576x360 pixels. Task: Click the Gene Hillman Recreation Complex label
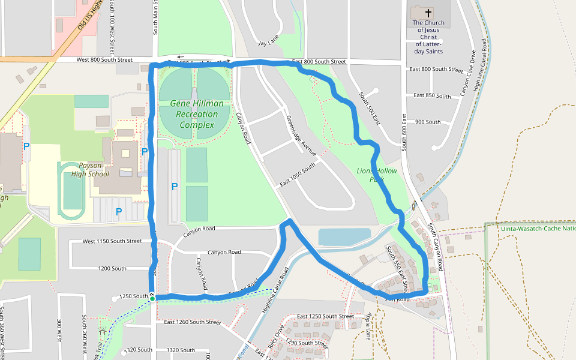[x=197, y=114]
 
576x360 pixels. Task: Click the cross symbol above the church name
[x=428, y=13]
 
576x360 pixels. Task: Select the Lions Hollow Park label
[x=377, y=175]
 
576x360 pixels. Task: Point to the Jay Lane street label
[x=268, y=43]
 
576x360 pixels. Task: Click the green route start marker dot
[x=152, y=299]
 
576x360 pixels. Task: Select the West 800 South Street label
[x=104, y=60]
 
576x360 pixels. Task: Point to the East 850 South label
[x=433, y=96]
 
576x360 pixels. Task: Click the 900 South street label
[x=428, y=122]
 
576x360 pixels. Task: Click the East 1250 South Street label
[x=326, y=316]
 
